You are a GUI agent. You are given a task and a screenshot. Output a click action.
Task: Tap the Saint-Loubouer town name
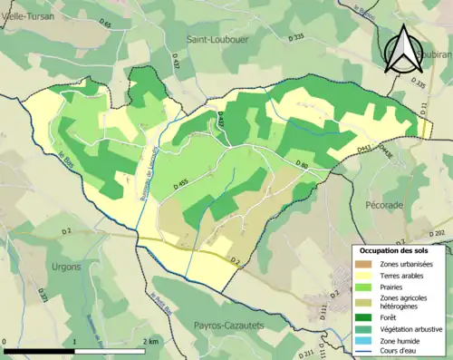tap(219, 40)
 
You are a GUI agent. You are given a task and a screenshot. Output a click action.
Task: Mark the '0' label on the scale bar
tap(5, 339)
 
